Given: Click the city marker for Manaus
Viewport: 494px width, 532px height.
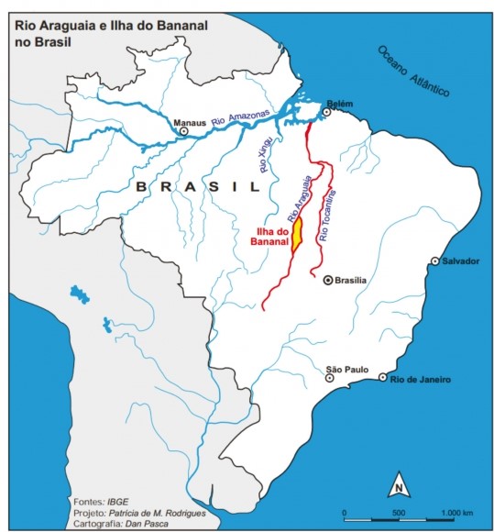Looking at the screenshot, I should (184, 131).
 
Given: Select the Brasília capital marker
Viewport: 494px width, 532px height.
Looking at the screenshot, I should (327, 281).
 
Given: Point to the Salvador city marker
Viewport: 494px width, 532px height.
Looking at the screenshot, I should (435, 261).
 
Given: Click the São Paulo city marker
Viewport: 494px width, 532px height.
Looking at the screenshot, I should (331, 377).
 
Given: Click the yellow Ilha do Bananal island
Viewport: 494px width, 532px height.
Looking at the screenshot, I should (298, 236).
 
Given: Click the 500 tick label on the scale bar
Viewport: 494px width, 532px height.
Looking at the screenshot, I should (399, 512).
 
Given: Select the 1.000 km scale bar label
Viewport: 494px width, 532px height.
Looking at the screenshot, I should (455, 512).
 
